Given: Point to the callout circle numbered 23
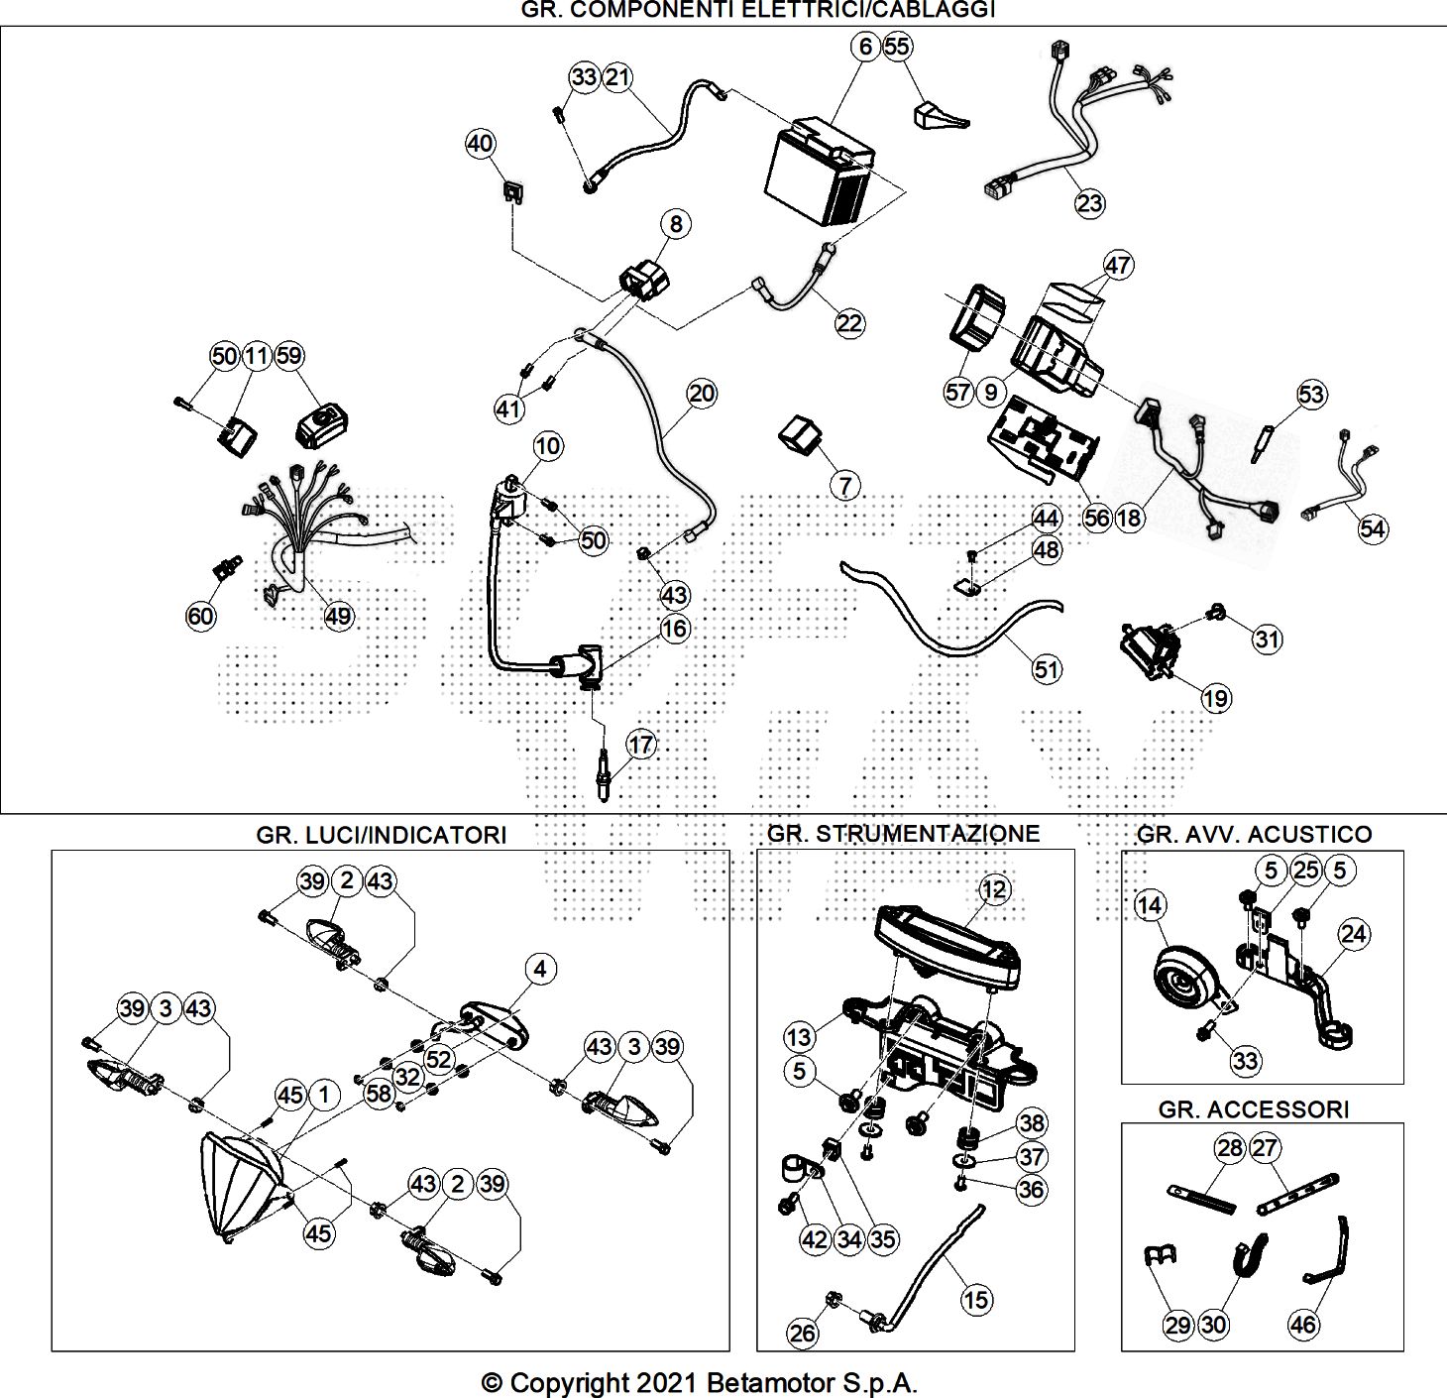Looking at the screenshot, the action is click(1090, 203).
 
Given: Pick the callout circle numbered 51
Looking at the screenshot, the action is click(1047, 669).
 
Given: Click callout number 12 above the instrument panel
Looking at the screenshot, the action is click(994, 889).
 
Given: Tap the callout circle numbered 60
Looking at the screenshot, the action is click(201, 616).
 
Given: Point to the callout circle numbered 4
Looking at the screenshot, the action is click(540, 969).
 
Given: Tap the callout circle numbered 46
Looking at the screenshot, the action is click(1302, 1325).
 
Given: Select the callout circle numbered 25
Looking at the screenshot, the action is click(1306, 870).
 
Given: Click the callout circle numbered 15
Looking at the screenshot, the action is click(975, 1300).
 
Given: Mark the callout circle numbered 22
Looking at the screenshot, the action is click(849, 323).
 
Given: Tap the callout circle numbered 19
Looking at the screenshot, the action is click(1216, 698).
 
